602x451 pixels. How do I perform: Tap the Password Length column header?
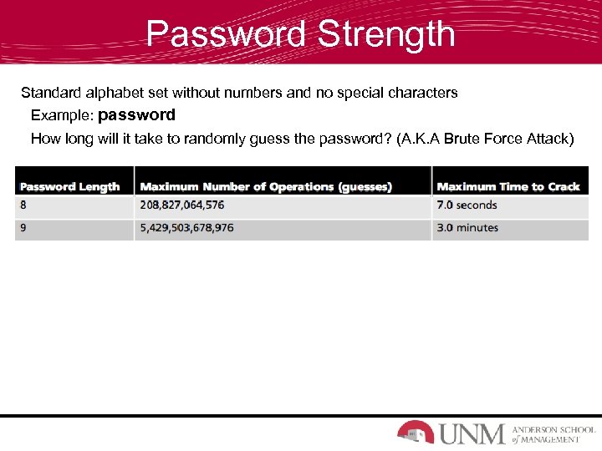tap(70, 186)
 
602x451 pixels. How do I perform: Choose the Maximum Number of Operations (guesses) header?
tap(266, 186)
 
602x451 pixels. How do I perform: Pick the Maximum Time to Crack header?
tap(508, 186)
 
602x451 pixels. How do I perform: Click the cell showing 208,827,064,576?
tap(181, 205)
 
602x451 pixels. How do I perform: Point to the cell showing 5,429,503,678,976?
tap(186, 228)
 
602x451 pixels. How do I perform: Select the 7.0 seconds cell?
tap(467, 205)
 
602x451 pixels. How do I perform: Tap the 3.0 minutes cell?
tap(467, 228)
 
